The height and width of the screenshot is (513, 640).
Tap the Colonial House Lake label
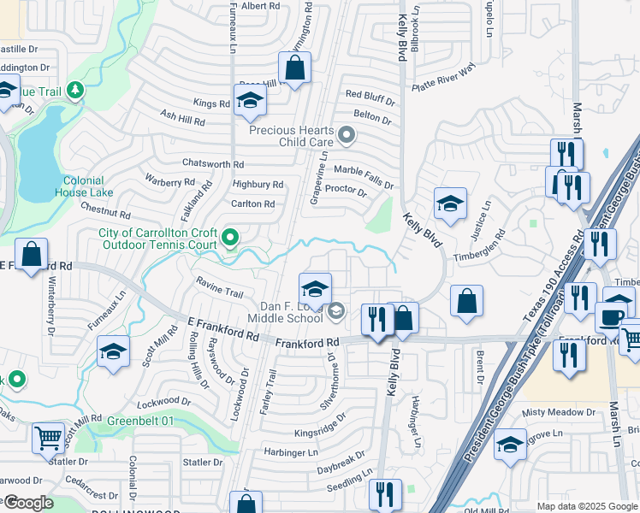(x=88, y=186)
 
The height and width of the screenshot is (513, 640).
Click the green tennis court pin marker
(x=229, y=237)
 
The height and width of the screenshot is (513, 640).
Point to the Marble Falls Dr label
(x=363, y=176)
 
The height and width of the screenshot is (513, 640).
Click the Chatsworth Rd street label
(x=213, y=163)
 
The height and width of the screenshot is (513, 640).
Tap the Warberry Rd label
(x=169, y=181)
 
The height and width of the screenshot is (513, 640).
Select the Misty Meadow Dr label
(x=559, y=412)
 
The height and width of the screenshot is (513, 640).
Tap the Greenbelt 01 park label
(x=140, y=421)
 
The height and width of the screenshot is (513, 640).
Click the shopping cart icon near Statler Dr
(x=49, y=437)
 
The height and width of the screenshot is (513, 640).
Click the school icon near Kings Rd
(x=250, y=101)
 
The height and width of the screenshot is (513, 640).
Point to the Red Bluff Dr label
(x=368, y=94)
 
